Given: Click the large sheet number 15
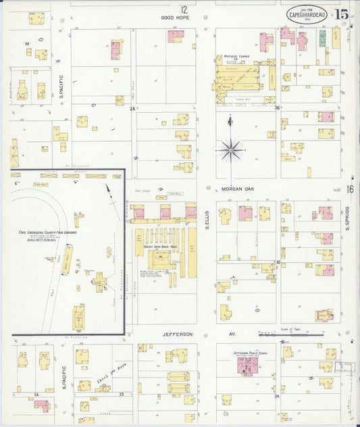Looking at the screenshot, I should click(x=341, y=14).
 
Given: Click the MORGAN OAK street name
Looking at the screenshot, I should click(x=236, y=190).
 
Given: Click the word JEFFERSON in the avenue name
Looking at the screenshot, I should click(x=178, y=334).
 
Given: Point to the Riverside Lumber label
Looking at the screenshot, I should click(x=233, y=57).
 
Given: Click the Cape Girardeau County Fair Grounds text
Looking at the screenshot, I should click(x=47, y=232).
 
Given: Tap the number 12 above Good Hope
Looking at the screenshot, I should click(x=184, y=9).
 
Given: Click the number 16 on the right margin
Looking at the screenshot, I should click(x=350, y=189).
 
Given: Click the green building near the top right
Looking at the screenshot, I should click(x=322, y=37).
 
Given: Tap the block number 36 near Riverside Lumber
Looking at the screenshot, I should click(x=277, y=107).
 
